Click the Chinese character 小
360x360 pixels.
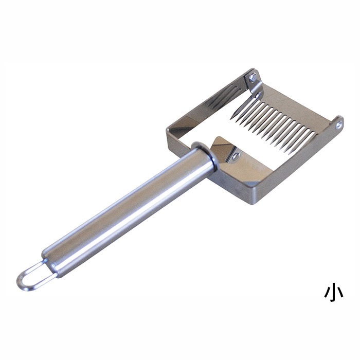(334, 293)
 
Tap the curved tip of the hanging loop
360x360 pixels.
(19, 281)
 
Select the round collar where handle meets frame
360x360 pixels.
(204, 154)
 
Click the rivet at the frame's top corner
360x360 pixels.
(253, 77)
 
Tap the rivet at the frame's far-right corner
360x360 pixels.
(338, 125)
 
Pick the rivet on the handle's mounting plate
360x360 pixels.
(235, 156)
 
